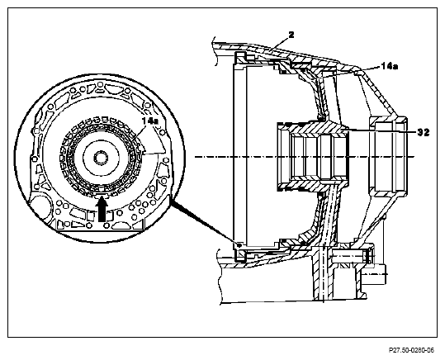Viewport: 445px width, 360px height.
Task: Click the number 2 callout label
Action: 291,35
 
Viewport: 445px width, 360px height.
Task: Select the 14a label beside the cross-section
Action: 389,66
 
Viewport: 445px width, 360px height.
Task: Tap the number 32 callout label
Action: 424,132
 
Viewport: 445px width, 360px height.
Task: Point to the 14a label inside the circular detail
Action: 150,121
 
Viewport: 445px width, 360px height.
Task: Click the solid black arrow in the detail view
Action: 102,210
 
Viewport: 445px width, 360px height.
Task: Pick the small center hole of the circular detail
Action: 101,158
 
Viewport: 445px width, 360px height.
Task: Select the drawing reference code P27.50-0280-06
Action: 411,350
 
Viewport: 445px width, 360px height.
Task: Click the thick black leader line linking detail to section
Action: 204,220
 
